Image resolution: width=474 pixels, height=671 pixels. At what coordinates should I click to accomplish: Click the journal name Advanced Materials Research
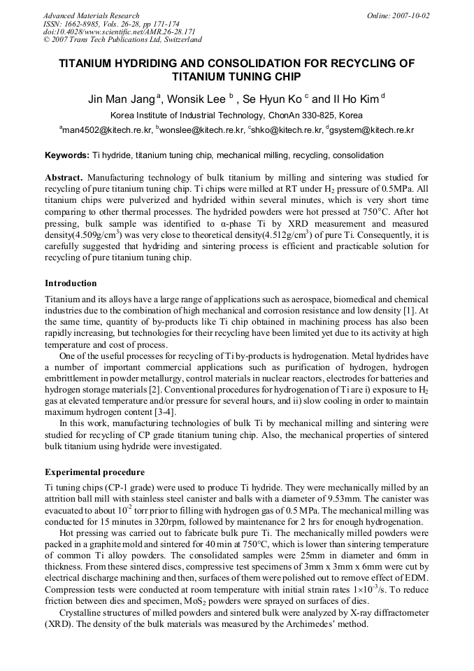pyautogui.click(x=91, y=15)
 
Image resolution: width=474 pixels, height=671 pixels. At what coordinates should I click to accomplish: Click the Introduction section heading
pyautogui.click(x=71, y=283)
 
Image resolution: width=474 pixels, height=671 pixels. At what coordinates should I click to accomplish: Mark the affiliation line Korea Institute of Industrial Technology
pyautogui.click(x=236, y=115)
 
